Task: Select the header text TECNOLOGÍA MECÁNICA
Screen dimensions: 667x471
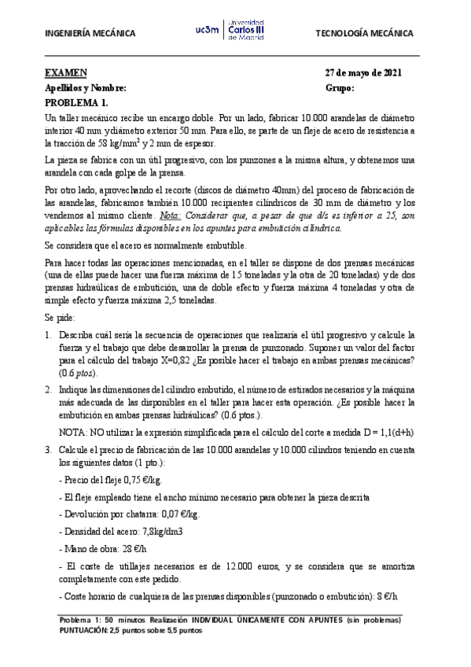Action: coord(363,34)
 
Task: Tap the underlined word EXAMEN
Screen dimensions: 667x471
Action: coord(65,73)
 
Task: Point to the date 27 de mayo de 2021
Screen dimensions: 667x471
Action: coord(363,73)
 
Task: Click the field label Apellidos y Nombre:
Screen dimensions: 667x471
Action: coord(85,88)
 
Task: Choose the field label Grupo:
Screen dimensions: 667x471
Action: coord(340,88)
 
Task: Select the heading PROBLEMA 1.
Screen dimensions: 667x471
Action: coord(76,103)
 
